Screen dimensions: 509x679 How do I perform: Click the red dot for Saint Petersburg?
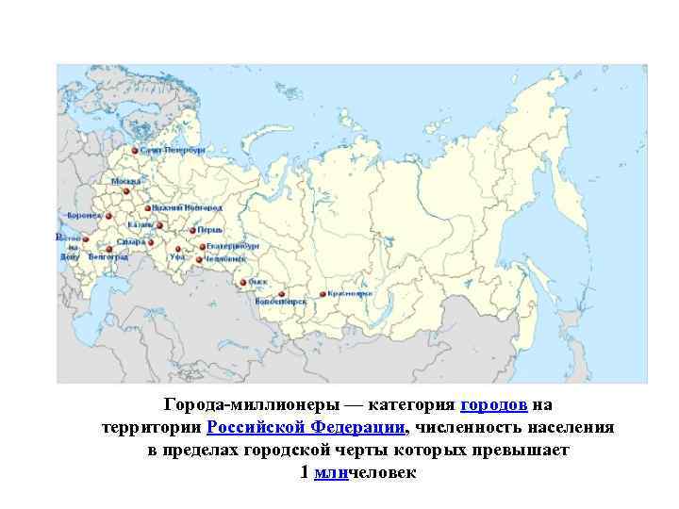[x=135, y=151]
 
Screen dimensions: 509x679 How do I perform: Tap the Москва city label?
[x=125, y=181]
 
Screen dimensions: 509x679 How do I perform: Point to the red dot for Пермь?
[x=191, y=230]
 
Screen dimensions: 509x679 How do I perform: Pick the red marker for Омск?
[x=243, y=283]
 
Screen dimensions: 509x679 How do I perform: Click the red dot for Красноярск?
[x=323, y=294]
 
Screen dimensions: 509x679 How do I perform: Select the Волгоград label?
[x=108, y=256]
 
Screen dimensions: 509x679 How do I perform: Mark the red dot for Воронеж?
[x=108, y=216]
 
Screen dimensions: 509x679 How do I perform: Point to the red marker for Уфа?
[x=178, y=250]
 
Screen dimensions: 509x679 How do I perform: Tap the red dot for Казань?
[x=160, y=226]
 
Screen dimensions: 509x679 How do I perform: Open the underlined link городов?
[x=493, y=405]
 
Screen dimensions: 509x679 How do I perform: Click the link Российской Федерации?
[x=306, y=427]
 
